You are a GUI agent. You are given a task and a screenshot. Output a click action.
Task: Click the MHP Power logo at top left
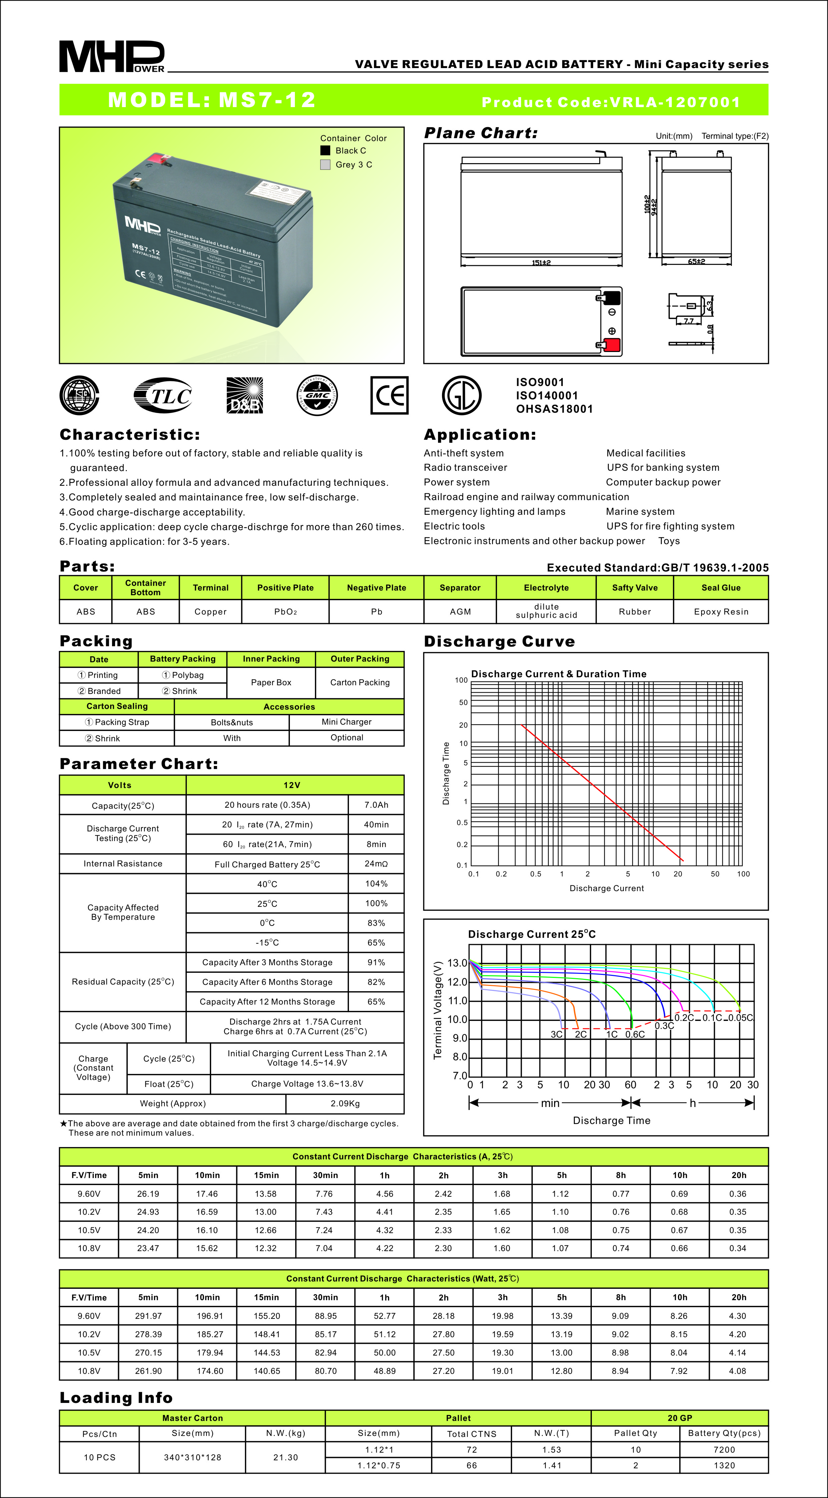point(112,56)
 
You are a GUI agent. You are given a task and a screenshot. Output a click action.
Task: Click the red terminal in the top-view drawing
point(612,345)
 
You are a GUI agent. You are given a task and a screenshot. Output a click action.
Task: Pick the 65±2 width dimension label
point(696,262)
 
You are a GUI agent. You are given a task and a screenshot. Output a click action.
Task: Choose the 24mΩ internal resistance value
point(376,863)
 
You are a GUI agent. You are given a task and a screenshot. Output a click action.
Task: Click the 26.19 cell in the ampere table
point(148,1194)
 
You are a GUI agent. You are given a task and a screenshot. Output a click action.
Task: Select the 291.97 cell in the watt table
point(148,1316)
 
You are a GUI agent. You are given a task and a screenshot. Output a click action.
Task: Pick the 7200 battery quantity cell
point(724,1450)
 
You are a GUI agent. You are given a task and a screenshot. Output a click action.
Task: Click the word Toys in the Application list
point(669,541)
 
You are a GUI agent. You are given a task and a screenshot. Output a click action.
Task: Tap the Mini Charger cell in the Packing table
point(347,722)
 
